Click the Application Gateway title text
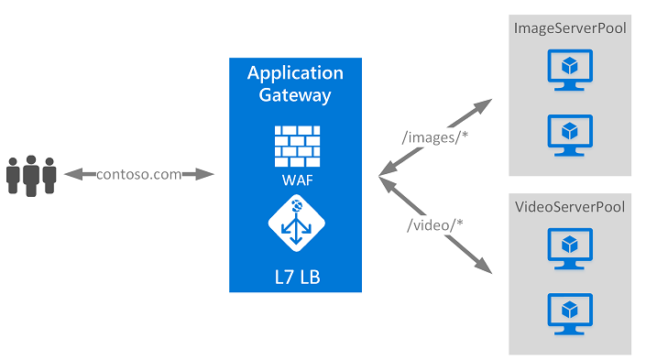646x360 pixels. pos(295,83)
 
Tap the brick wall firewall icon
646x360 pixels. pos(295,144)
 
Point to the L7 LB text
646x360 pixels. pos(295,273)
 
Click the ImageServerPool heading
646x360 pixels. pos(570,28)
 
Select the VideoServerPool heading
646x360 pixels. pos(570,207)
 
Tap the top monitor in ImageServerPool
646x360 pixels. pos(570,70)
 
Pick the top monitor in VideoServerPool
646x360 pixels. pos(570,247)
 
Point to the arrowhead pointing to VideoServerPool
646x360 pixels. pos(484,267)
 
